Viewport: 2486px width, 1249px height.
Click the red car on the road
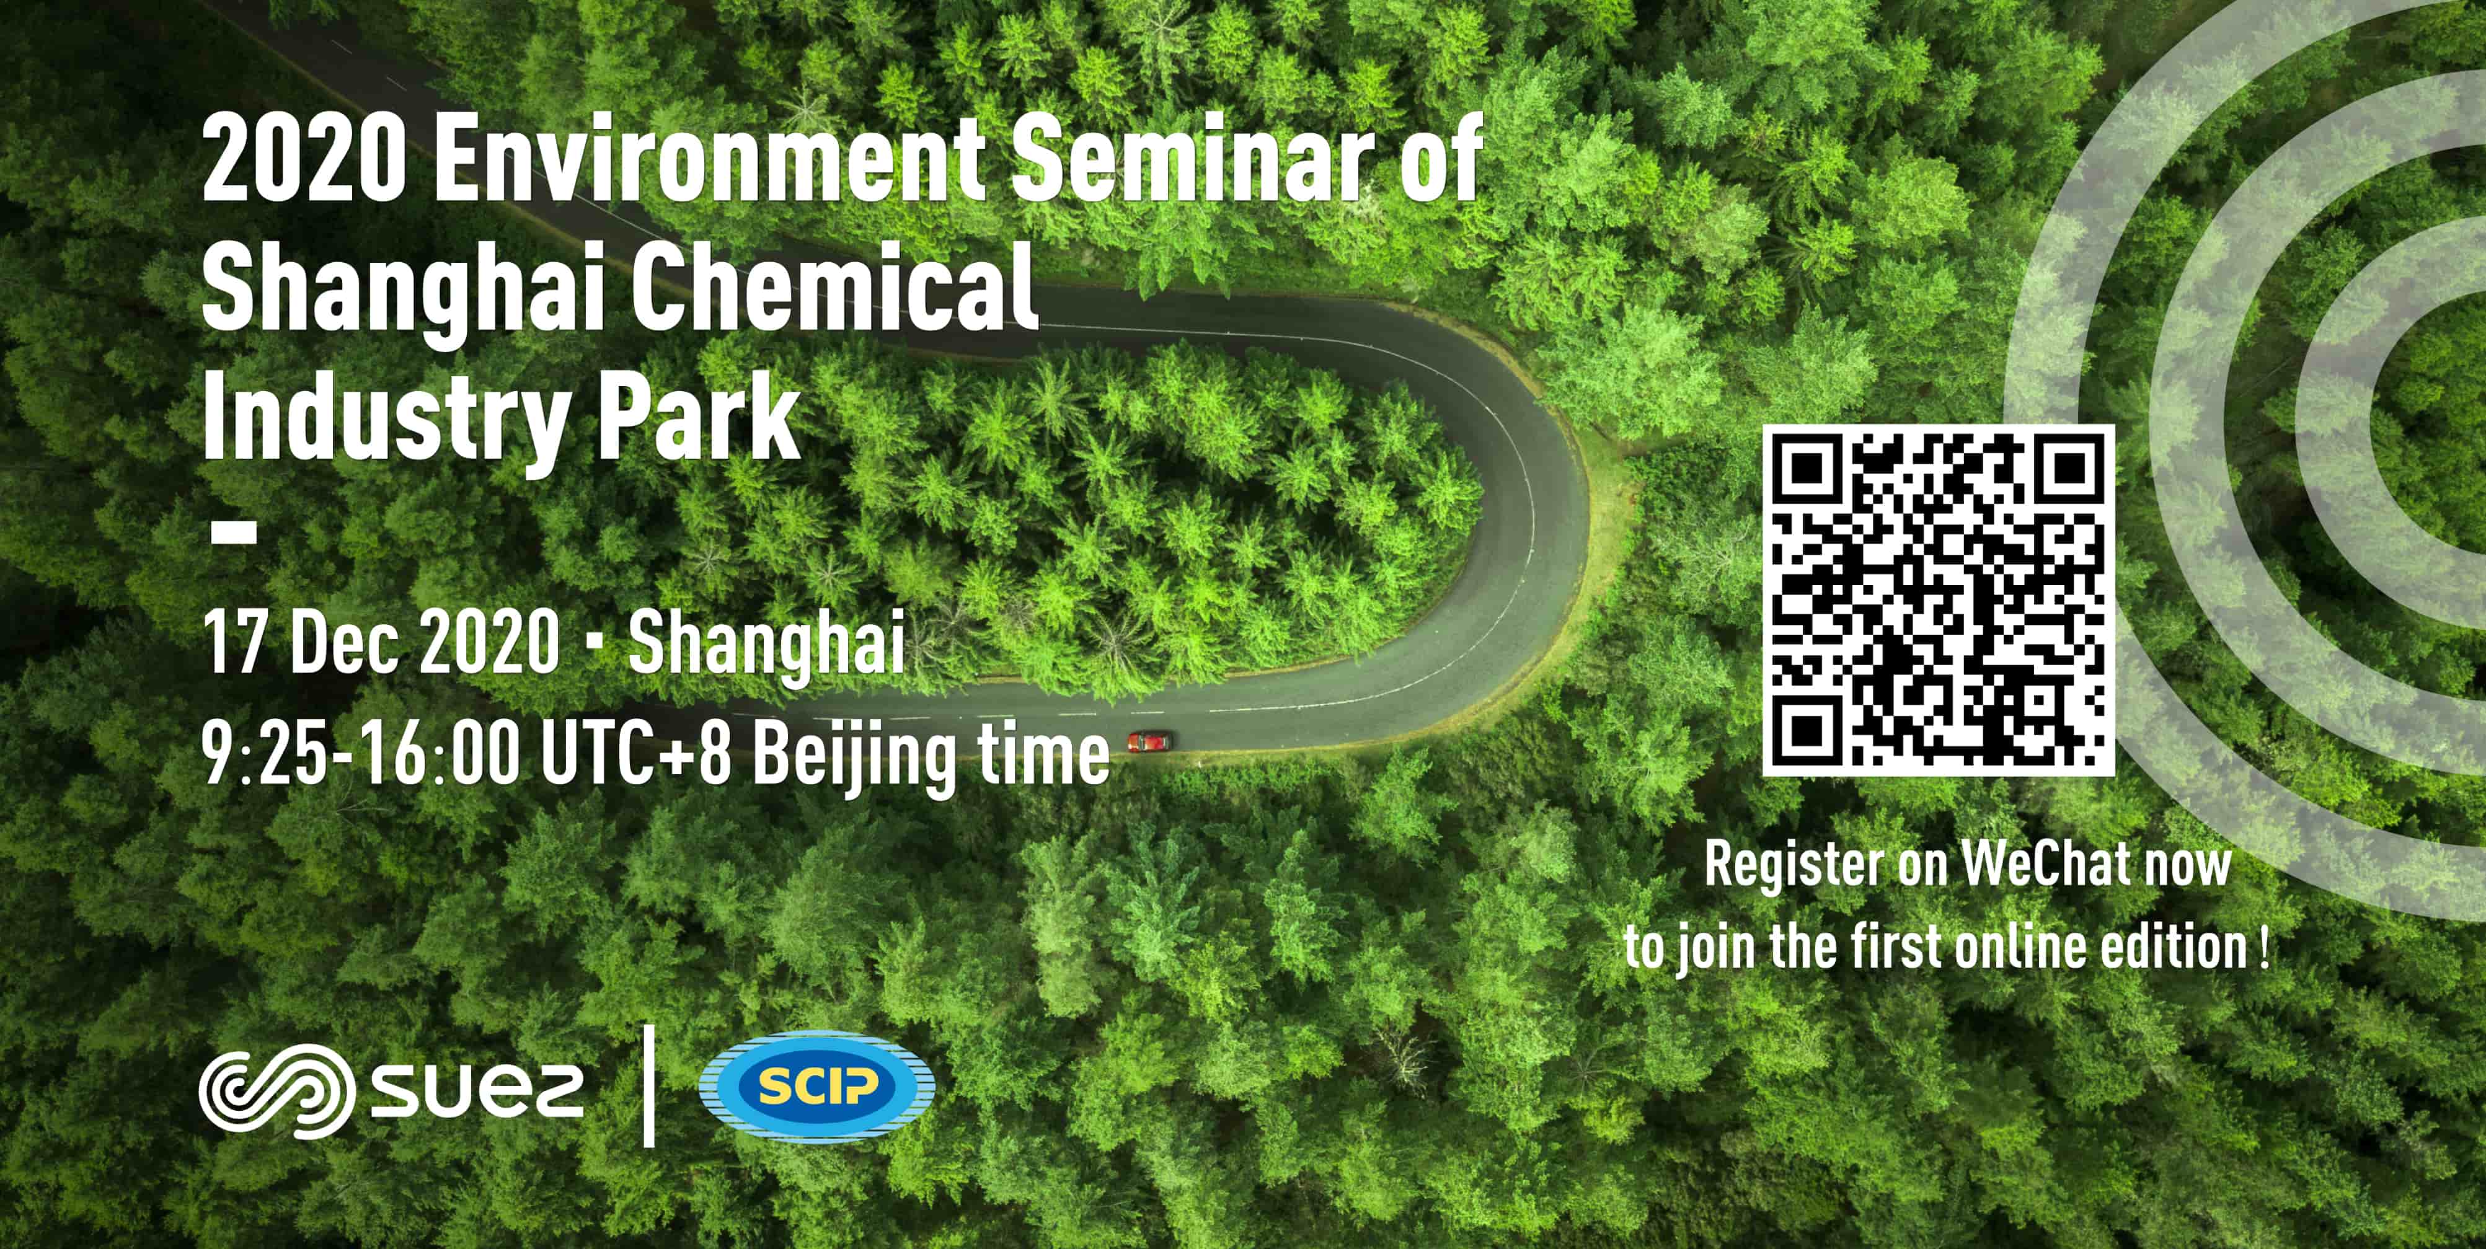tap(1148, 741)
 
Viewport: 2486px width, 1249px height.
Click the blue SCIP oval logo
tap(816, 1087)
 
